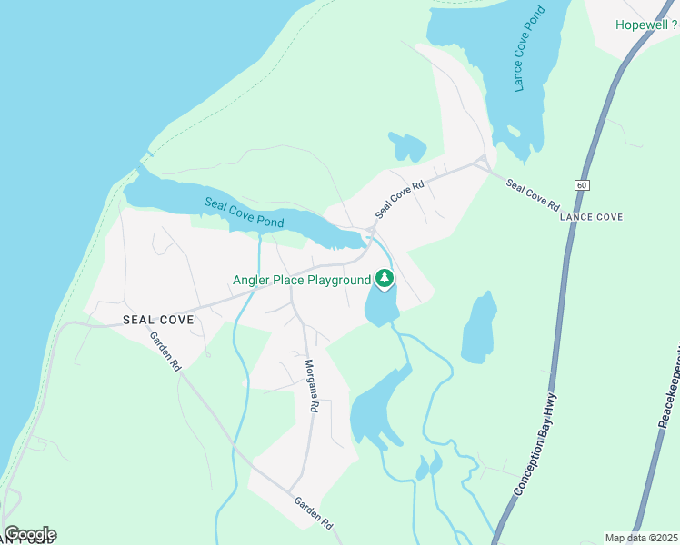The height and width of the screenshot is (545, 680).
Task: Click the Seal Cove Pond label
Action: [244, 213]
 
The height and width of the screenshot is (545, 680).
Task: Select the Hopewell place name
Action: [642, 25]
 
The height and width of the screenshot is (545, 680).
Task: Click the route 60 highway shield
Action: [582, 184]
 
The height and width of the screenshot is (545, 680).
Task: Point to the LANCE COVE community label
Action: [591, 217]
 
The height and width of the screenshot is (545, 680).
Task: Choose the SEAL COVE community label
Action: [157, 320]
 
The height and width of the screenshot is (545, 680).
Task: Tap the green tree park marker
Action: [385, 279]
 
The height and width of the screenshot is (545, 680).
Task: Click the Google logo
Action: [30, 533]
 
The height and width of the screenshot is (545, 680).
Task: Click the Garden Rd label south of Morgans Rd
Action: [314, 513]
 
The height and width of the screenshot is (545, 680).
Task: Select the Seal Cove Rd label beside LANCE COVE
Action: [533, 195]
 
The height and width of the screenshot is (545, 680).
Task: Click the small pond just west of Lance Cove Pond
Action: [408, 146]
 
